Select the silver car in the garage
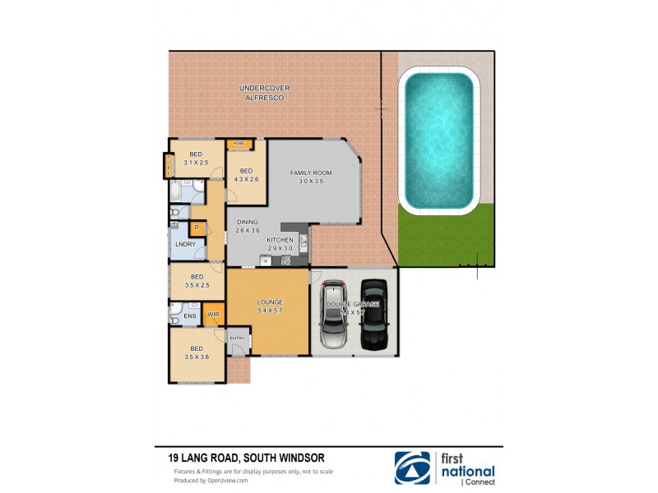(x=334, y=316)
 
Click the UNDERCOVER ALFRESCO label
(x=265, y=93)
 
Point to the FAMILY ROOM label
(x=310, y=173)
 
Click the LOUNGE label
(x=269, y=302)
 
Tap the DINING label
(x=248, y=222)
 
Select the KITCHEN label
(x=280, y=240)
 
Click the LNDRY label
(x=185, y=245)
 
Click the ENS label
(x=190, y=316)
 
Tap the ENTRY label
(x=237, y=338)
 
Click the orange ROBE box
(x=239, y=144)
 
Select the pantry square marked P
(x=197, y=228)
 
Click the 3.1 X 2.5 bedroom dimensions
(x=197, y=163)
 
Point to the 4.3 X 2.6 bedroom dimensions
(x=247, y=178)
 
